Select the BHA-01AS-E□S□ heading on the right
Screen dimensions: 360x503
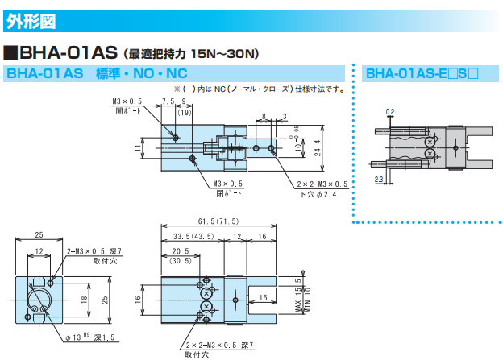click(x=422, y=74)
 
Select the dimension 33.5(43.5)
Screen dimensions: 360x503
click(x=193, y=237)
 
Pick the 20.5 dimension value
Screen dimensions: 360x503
click(x=180, y=251)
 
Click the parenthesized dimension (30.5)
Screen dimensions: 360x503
click(x=180, y=262)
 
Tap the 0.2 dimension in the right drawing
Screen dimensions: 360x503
click(x=390, y=110)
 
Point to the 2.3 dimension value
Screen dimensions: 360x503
click(x=379, y=180)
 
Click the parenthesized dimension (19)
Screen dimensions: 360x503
click(x=183, y=112)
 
